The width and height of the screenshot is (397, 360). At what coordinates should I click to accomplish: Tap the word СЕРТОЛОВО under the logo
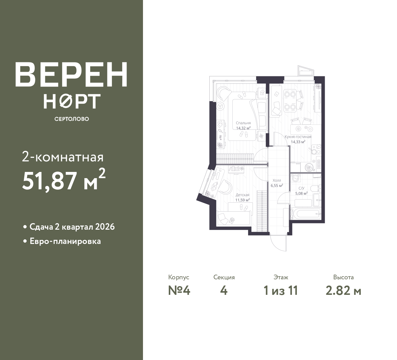point(72,119)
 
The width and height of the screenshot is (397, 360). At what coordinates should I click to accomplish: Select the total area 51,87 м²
point(64,181)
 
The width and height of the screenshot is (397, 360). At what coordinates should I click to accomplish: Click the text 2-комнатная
point(63,157)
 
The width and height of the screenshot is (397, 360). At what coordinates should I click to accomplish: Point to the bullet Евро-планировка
point(65,241)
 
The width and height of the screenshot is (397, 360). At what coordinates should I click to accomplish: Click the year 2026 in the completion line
point(105,227)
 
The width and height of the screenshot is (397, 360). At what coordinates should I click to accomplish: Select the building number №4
point(179,291)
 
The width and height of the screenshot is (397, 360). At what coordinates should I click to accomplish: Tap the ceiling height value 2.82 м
point(343,291)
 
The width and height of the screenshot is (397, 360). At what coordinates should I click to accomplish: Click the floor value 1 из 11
point(281,291)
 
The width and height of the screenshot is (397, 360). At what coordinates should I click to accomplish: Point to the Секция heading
point(224,277)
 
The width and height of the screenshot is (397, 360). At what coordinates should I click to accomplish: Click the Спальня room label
point(243,123)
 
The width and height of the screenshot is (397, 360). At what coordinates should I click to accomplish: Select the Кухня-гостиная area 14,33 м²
point(298,142)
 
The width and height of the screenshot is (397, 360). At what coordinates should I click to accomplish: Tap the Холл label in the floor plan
point(277,180)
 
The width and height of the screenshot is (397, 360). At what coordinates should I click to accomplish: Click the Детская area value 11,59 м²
point(242,200)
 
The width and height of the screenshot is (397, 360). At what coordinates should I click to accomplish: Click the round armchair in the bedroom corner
point(224,92)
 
